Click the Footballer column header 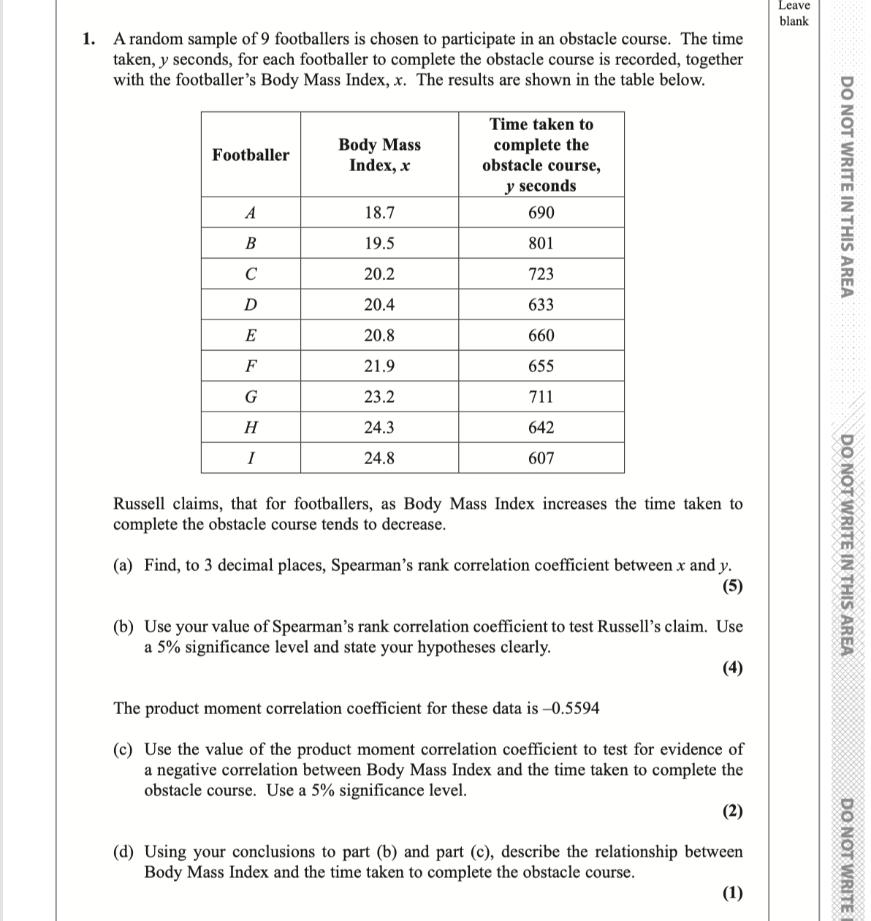[251, 155]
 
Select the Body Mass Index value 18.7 [379, 213]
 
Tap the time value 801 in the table [541, 243]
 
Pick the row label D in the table [251, 305]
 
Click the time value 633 [541, 305]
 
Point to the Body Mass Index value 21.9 [379, 366]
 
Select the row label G [251, 397]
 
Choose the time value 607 [541, 458]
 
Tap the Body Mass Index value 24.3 [379, 428]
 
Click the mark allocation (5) [732, 585]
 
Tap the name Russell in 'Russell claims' [140, 504]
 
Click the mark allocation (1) [732, 892]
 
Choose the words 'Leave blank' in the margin [794, 13]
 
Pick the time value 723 [541, 274]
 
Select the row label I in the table [251, 458]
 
